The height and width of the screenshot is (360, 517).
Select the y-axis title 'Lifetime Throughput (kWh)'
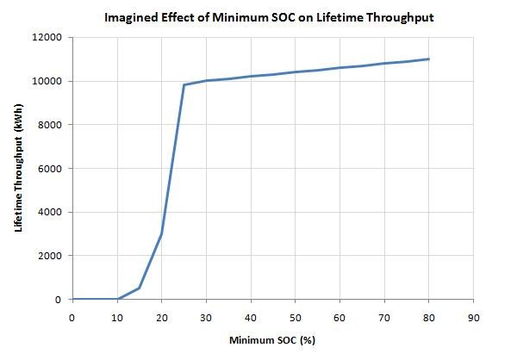pyautogui.click(x=18, y=169)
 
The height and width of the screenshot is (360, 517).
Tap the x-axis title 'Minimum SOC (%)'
pyautogui.click(x=271, y=340)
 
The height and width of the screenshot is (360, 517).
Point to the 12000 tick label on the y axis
pyautogui.click(x=46, y=38)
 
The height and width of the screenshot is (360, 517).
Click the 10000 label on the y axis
pyautogui.click(x=46, y=81)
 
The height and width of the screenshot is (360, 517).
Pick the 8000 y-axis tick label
pyautogui.click(x=48, y=125)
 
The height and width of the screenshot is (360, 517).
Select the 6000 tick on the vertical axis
pyautogui.click(x=48, y=169)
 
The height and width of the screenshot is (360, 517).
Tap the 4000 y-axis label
pyautogui.click(x=48, y=212)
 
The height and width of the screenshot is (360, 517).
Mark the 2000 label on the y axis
pyautogui.click(x=48, y=256)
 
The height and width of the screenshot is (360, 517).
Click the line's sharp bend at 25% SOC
pyautogui.click(x=184, y=84)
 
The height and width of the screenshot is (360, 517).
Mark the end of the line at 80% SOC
pyautogui.click(x=428, y=59)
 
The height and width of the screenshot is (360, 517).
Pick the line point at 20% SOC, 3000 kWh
pyautogui.click(x=161, y=233)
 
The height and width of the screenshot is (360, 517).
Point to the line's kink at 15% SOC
pyautogui.click(x=139, y=288)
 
